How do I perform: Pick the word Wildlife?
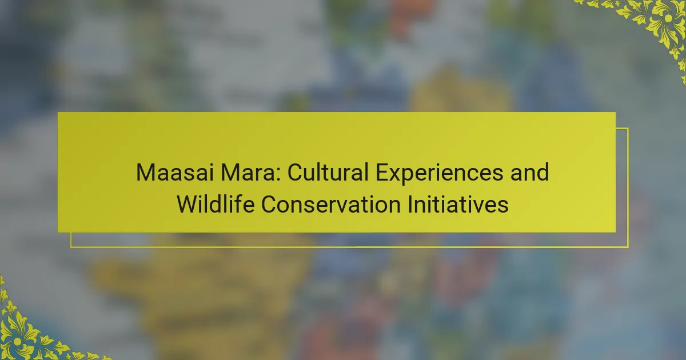point(216,204)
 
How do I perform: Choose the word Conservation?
point(331,204)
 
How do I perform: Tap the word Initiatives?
point(458,204)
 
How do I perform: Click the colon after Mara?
point(278,175)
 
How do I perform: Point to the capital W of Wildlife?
point(189,204)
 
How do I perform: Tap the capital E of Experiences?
point(382,173)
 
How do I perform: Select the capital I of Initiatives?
point(410,204)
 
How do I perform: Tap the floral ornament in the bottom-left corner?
point(27,331)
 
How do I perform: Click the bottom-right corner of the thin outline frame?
point(628,247)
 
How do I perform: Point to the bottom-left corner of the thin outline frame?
point(71,247)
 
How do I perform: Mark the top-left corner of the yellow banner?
point(58,113)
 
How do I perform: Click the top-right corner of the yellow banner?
point(616,113)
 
